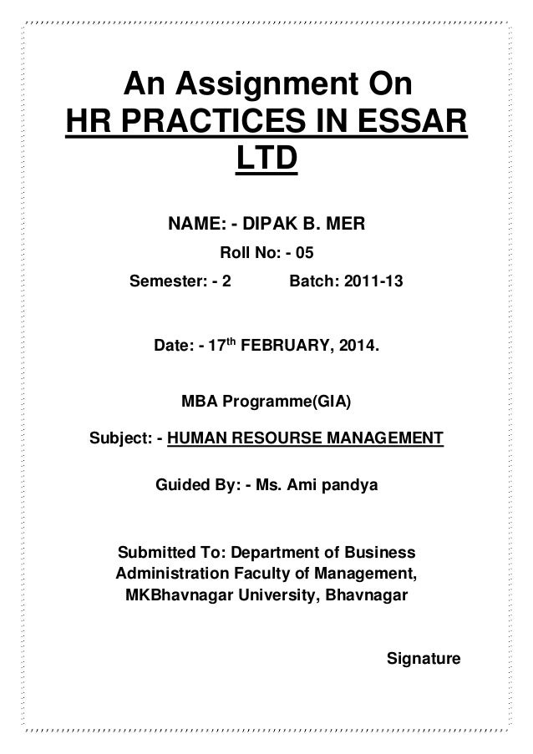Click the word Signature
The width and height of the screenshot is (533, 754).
[424, 660]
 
